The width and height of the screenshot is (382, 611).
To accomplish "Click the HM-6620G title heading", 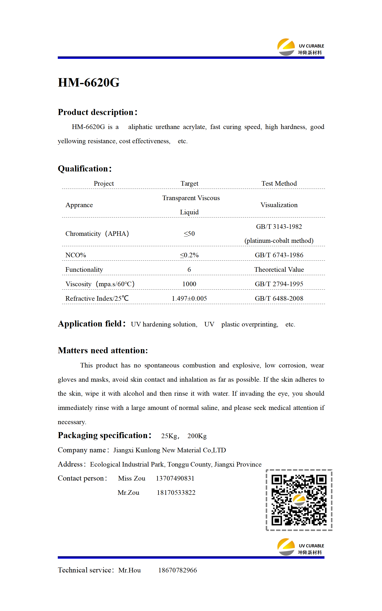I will click(x=88, y=82).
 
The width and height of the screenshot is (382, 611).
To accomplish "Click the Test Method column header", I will click(x=279, y=183).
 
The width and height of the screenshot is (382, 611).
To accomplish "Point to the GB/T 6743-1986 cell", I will click(x=279, y=255).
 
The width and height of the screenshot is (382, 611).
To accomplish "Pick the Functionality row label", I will click(x=84, y=269).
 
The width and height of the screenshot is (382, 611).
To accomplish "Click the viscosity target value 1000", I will click(x=189, y=284).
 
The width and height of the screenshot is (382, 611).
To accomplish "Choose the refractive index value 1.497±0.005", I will click(x=189, y=298).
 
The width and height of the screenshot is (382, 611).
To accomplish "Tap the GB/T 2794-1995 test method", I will click(x=279, y=284).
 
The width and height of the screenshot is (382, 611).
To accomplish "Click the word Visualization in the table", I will click(x=279, y=205).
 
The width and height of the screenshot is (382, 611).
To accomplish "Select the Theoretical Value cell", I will click(x=279, y=269).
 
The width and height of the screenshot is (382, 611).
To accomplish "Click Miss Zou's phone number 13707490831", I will click(x=175, y=478).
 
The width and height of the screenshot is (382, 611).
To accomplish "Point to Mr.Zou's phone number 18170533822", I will click(x=176, y=492).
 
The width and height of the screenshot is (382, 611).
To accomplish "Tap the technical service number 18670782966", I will click(x=177, y=570).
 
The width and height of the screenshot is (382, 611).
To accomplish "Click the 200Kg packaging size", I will click(x=197, y=436).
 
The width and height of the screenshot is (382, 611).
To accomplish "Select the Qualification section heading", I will click(x=85, y=169).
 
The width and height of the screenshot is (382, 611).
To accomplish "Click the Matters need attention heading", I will click(x=103, y=350).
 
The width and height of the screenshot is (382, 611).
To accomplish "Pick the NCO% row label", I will click(x=76, y=255).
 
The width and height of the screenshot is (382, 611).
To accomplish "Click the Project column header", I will click(x=104, y=183).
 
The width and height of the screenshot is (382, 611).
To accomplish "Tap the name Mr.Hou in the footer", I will click(x=129, y=570).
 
